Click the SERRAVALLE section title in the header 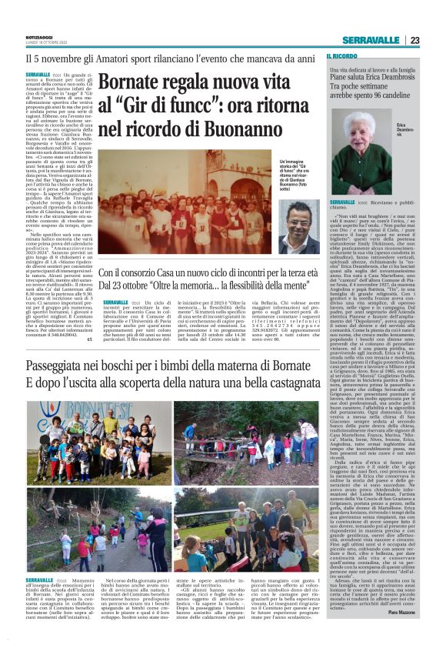(x=371, y=40)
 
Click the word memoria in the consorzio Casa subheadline (x=221, y=286)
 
